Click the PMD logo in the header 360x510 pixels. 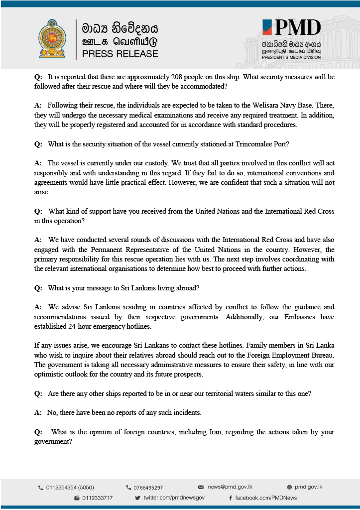point(292,28)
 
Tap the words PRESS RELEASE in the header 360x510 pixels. point(120,54)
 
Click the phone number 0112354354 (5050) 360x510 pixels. point(70,488)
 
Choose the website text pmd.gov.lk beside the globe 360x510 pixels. point(308,487)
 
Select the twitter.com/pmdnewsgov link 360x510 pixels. point(174,498)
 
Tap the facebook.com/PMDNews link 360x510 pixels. point(266,498)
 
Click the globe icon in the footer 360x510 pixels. point(290,487)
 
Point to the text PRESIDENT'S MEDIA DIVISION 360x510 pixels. point(291,57)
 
